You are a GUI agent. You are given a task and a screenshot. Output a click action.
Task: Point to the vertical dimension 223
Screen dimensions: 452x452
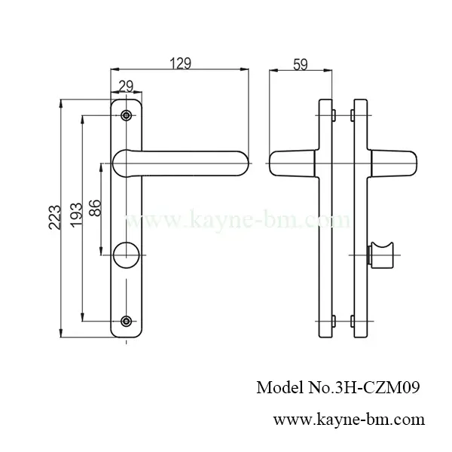pyautogui.click(x=50, y=218)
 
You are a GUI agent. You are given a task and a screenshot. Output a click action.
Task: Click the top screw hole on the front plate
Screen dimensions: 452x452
pyautogui.click(x=126, y=116)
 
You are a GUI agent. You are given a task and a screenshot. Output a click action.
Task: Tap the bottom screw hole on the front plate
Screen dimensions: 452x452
pyautogui.click(x=126, y=322)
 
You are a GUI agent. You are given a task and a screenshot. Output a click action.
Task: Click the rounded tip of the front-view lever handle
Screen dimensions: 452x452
pyautogui.click(x=241, y=163)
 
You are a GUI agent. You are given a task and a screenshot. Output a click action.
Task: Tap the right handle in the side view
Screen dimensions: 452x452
pyautogui.click(x=395, y=162)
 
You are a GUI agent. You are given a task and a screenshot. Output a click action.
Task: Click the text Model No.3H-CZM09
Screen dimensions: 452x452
pyautogui.click(x=337, y=388)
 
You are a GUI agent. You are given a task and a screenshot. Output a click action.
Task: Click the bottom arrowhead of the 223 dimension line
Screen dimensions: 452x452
pyautogui.click(x=61, y=334)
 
